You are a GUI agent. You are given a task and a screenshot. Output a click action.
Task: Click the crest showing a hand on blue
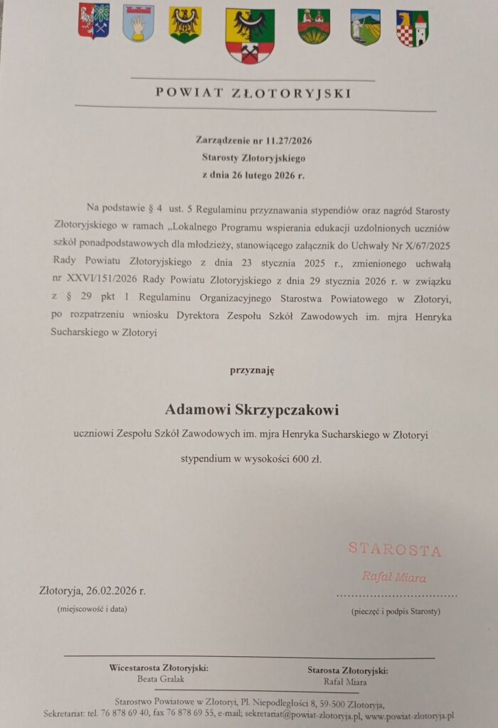138,23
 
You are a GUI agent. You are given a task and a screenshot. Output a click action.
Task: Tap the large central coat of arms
250,36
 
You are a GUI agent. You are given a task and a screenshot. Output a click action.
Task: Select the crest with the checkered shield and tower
412,28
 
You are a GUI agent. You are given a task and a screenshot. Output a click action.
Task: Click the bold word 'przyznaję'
251,370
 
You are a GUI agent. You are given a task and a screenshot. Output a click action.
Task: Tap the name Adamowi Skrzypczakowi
252,409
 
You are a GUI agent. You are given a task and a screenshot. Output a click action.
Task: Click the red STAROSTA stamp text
395,550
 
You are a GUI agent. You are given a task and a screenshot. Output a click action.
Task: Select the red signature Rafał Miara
395,577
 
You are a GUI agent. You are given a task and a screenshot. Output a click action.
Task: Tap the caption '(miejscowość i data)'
92,609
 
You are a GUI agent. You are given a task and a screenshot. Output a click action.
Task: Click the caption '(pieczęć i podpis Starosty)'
396,611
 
